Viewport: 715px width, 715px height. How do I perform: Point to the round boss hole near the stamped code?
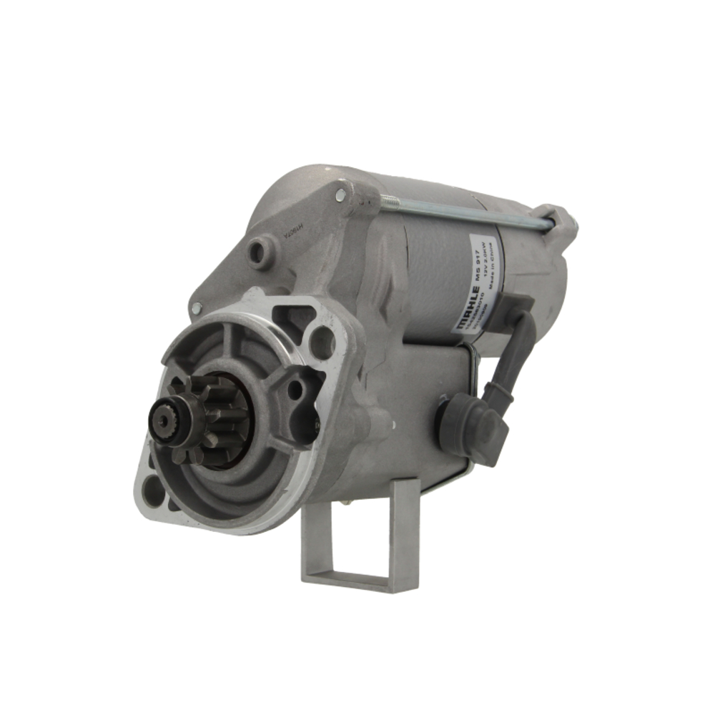click(261, 252)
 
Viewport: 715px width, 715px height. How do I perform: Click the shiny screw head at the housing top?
click(340, 194)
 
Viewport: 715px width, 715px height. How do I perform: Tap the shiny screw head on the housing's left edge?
click(196, 308)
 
